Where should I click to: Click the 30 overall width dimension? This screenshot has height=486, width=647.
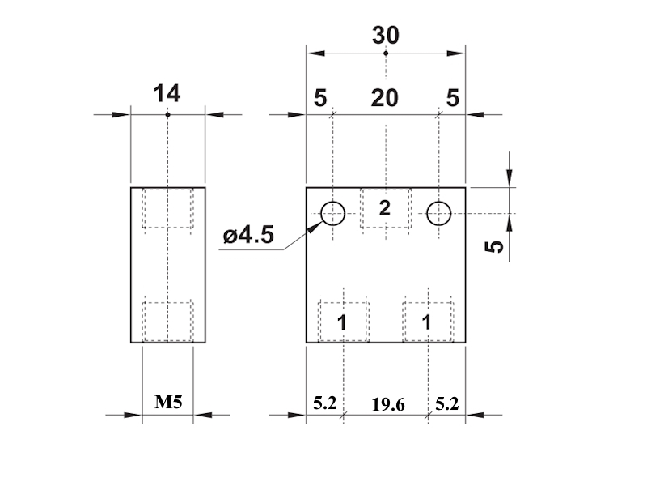386,36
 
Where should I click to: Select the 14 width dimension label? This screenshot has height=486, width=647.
167,94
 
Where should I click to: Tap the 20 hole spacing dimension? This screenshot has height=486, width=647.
385,98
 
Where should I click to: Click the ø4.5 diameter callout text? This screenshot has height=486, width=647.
248,235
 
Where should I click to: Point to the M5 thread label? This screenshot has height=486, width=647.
168,402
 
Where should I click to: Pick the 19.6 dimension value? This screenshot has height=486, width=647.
388,404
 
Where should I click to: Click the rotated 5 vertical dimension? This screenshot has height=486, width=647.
494,247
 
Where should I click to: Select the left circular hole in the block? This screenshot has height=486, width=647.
332,214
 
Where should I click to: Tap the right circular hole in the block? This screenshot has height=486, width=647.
438,214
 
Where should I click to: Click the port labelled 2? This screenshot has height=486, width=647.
385,208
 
